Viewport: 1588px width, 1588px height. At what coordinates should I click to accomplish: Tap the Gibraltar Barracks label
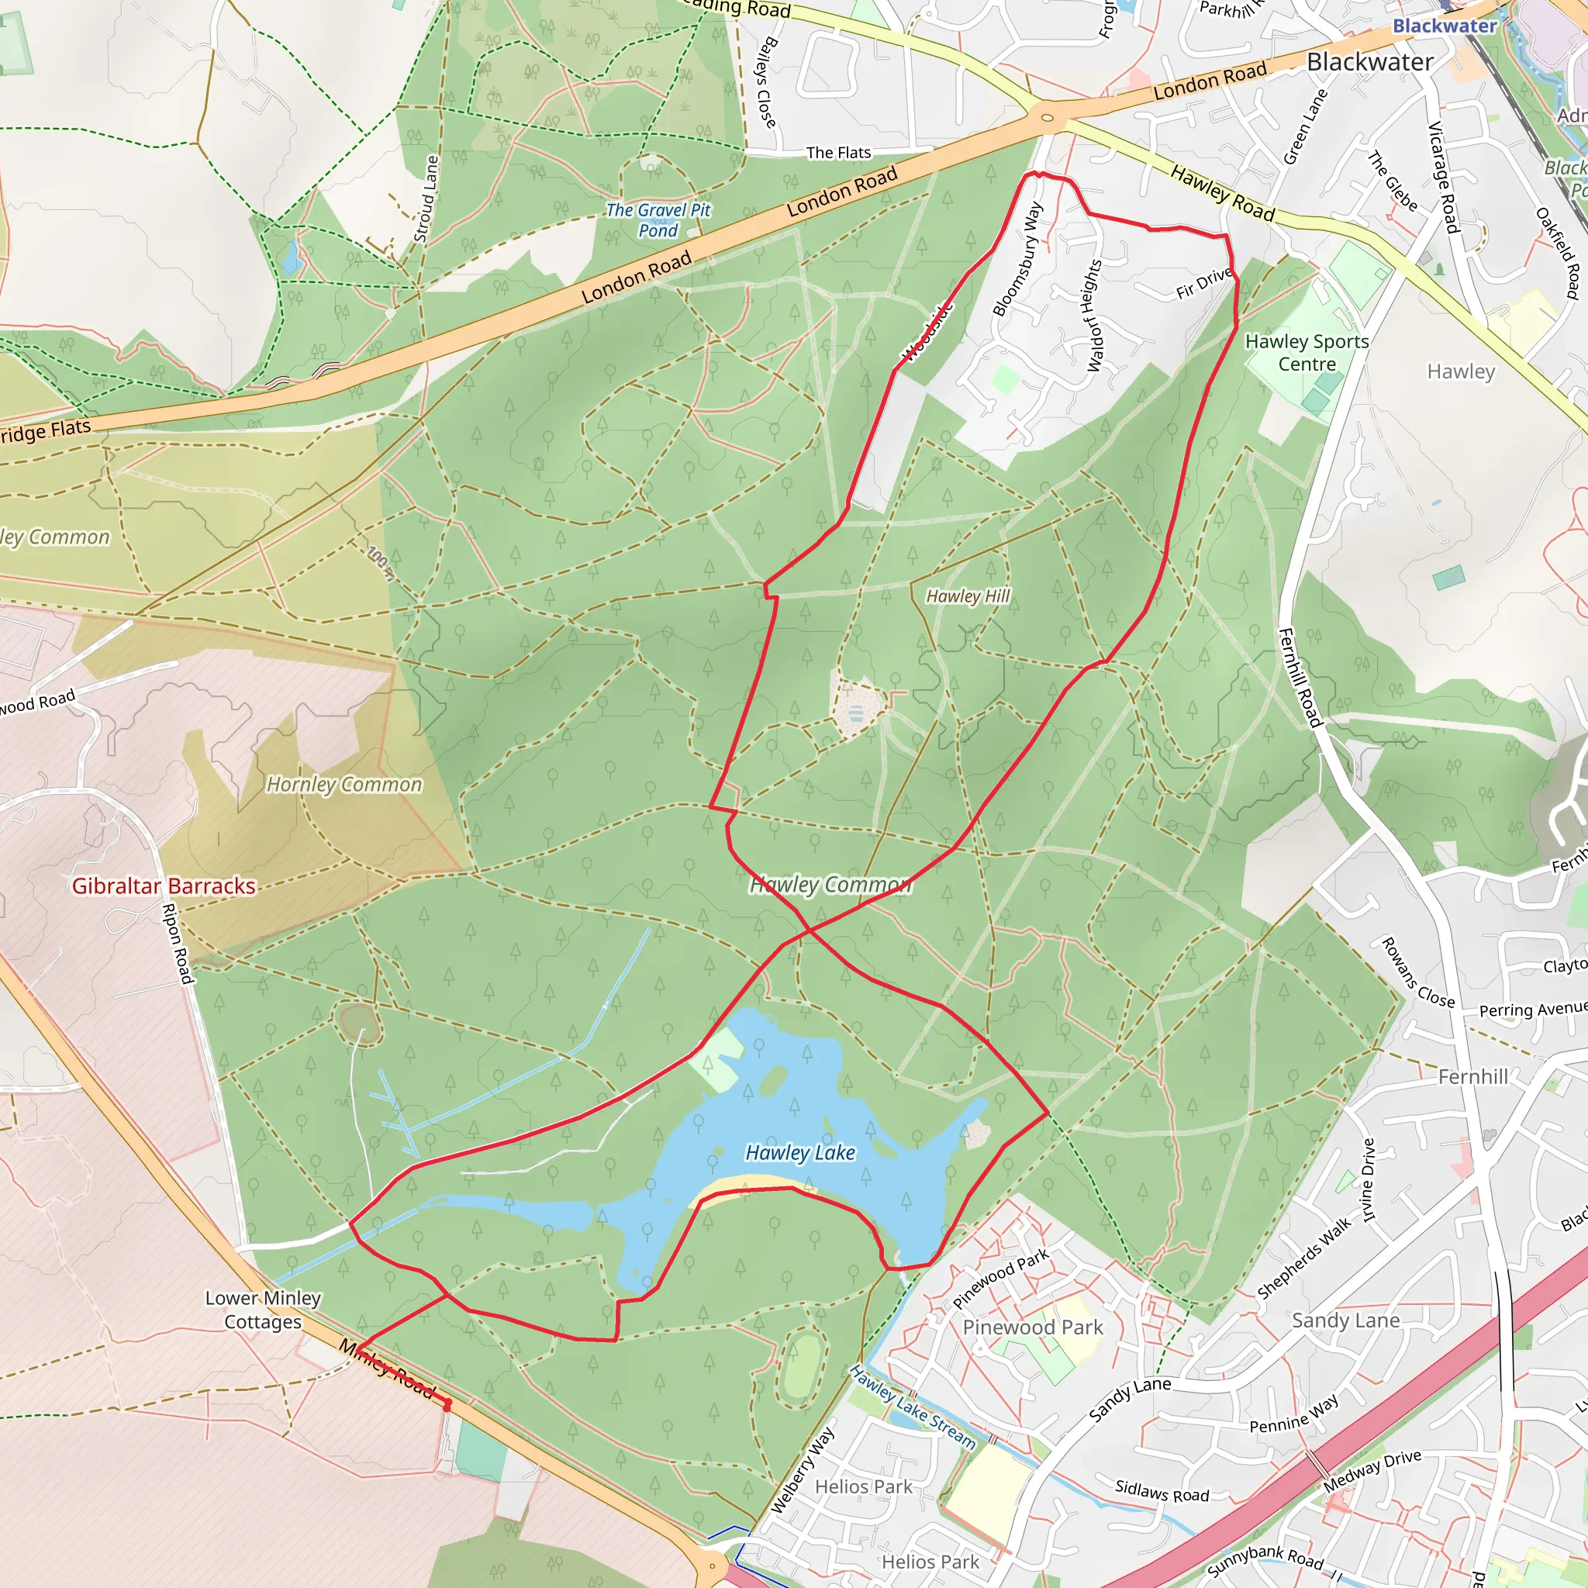(164, 885)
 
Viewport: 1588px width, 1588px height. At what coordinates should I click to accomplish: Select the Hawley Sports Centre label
(1307, 353)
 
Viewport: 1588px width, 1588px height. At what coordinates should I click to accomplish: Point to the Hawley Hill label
(968, 596)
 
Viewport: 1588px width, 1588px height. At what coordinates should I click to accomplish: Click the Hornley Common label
(343, 784)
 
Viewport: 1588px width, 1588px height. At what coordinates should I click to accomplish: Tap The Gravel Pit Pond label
(658, 220)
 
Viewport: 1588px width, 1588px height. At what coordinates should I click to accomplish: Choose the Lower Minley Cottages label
(262, 1310)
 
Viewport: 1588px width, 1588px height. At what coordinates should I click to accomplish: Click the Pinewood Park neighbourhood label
(1032, 1327)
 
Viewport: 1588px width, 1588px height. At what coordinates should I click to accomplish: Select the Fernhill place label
(1472, 1076)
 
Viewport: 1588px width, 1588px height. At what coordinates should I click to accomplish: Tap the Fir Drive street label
(1203, 284)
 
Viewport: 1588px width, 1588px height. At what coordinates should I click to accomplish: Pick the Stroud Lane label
(426, 199)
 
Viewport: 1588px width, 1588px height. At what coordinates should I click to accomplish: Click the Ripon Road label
(178, 943)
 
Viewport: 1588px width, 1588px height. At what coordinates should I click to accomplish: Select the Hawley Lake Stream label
(913, 1407)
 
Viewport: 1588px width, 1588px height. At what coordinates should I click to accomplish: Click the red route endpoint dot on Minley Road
(447, 1407)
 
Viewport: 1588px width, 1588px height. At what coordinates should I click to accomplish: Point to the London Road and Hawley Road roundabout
(1046, 119)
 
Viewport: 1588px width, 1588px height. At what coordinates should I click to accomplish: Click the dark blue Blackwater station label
(1444, 26)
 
